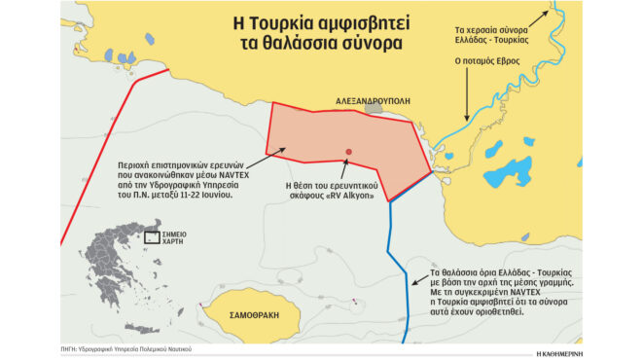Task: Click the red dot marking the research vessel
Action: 348,152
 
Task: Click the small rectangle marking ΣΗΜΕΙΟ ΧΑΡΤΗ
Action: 152,236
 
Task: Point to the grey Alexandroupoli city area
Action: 374,110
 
